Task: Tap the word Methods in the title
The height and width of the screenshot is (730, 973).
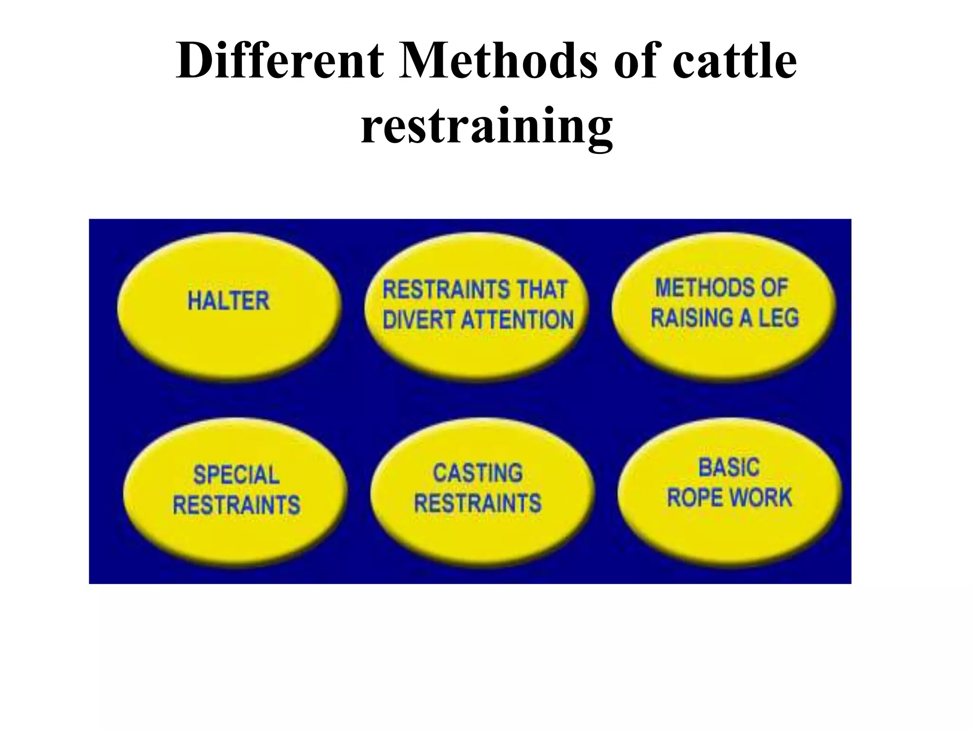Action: (x=498, y=61)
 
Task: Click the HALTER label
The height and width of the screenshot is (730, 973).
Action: (x=229, y=301)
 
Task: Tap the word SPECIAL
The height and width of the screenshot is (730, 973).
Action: (x=236, y=475)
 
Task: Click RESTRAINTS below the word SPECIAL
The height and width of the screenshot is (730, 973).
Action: (x=236, y=504)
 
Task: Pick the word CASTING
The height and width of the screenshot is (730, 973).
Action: (x=477, y=473)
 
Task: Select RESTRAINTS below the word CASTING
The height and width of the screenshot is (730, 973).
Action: (x=477, y=503)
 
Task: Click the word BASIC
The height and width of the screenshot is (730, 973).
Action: (x=729, y=468)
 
